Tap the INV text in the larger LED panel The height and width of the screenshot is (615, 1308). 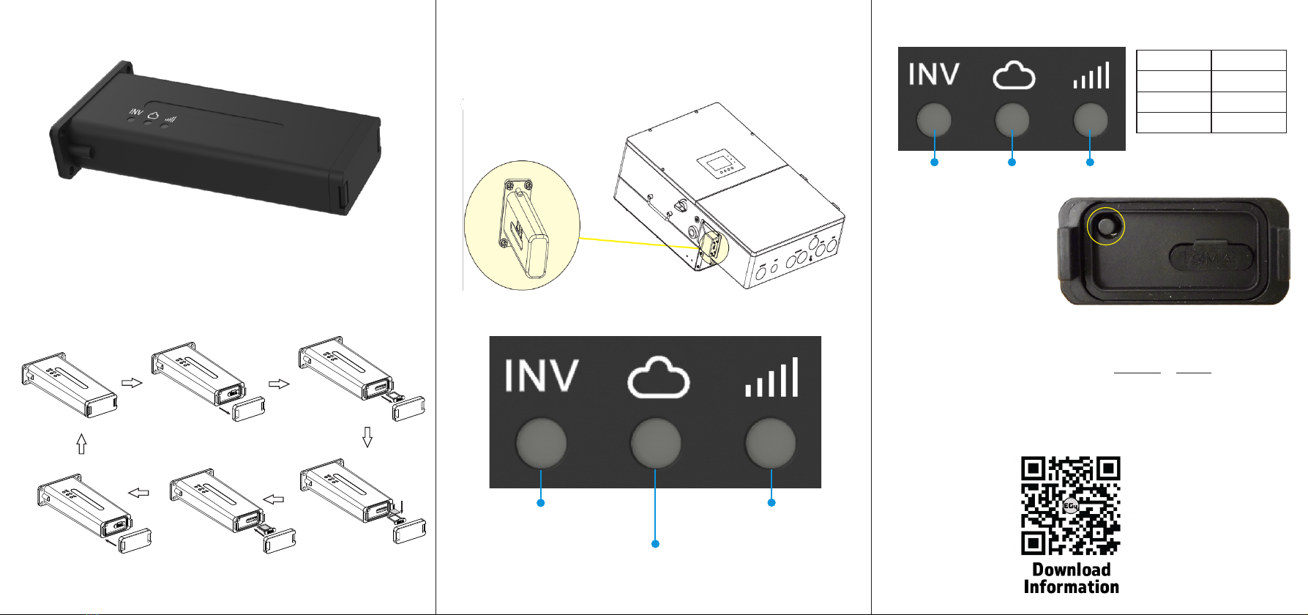(x=542, y=375)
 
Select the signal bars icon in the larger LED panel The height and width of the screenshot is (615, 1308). (x=772, y=377)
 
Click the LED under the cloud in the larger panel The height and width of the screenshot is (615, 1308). (x=656, y=443)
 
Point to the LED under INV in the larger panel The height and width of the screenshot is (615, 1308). (x=542, y=443)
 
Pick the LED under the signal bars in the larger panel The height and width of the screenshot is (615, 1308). (x=771, y=443)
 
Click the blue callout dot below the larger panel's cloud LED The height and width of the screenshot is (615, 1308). (x=655, y=543)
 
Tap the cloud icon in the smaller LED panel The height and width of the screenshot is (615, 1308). (x=1014, y=75)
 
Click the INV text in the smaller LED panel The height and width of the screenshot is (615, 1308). (x=934, y=74)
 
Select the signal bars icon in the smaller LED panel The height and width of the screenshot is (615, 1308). (x=1091, y=75)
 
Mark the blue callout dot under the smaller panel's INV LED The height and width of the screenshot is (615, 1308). (x=934, y=162)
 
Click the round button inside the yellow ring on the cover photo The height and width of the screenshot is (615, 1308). (x=1107, y=226)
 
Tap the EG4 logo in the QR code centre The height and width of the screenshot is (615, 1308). (x=1070, y=506)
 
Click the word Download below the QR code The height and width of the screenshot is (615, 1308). (x=1072, y=570)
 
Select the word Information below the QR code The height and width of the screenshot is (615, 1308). (x=1072, y=586)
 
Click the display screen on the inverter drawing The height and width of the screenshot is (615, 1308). (x=720, y=165)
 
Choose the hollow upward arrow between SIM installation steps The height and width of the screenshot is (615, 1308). (x=81, y=443)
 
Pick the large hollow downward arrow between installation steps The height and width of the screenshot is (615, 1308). (x=367, y=437)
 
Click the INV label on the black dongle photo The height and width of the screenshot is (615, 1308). (x=136, y=112)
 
